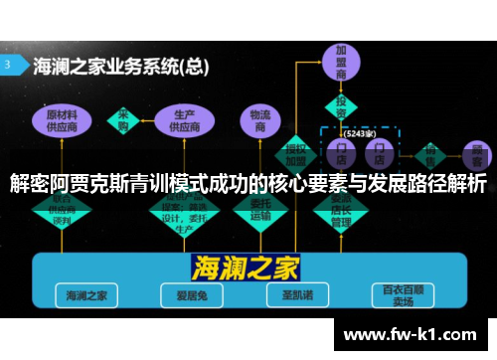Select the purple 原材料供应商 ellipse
click(x=62, y=121)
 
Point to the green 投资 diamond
click(x=341, y=104)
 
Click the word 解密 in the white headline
click(x=29, y=184)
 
